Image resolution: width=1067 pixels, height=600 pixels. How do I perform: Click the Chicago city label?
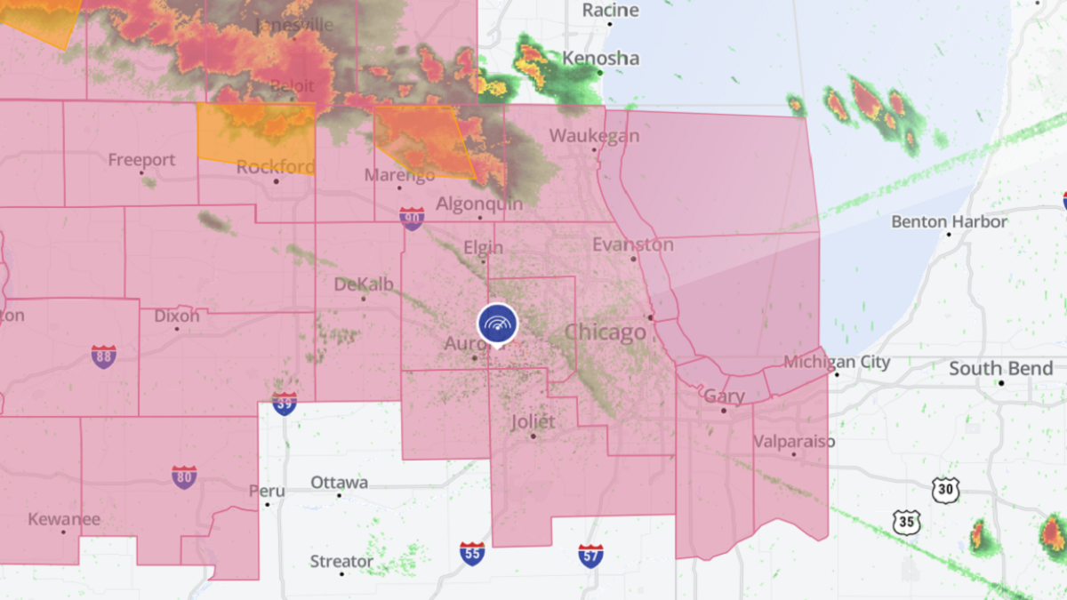606,333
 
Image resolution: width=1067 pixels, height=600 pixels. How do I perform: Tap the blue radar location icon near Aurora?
497,324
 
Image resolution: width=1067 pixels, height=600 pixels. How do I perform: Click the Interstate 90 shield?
411,219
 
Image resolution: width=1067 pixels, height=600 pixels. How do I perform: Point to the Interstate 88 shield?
103,356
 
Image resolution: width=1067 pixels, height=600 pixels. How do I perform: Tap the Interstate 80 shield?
184,477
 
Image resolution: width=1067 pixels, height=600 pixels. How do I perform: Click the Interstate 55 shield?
472,554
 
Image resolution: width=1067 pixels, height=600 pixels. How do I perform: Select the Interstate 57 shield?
590,556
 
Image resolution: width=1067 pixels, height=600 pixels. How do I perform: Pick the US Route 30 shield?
946,488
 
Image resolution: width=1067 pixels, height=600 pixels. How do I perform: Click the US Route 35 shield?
907,522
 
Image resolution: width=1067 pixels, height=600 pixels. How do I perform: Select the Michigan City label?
837,362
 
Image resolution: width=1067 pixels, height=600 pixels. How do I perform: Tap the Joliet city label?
533,421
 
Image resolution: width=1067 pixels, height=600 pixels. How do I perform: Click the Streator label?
341,562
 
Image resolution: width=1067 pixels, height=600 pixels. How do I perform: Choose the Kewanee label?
64,519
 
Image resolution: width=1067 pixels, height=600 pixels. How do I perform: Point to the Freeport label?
141,160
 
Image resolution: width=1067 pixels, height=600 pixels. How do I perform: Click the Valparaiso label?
794,442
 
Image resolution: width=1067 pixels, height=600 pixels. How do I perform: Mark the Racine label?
610,10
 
